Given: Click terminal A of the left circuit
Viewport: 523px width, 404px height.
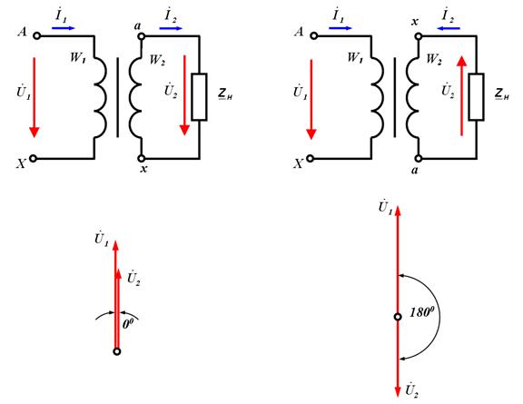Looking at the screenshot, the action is pyautogui.click(x=37, y=35).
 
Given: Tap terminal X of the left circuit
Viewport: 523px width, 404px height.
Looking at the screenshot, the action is pyautogui.click(x=33, y=159).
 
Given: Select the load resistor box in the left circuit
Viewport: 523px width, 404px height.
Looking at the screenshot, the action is pyautogui.click(x=199, y=97).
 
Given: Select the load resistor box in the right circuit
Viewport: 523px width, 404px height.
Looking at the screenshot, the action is pyautogui.click(x=476, y=97).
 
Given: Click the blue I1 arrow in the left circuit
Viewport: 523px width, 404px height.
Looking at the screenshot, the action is pyautogui.click(x=64, y=28).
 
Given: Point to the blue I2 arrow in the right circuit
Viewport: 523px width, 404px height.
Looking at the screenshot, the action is pyautogui.click(x=449, y=28).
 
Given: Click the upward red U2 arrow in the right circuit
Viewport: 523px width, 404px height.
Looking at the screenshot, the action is pyautogui.click(x=462, y=95).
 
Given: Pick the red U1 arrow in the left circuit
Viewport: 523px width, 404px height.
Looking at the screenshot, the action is pyautogui.click(x=34, y=97).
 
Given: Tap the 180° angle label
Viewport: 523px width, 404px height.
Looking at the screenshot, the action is pyautogui.click(x=422, y=312).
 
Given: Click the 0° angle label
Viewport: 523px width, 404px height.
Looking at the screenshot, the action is pyautogui.click(x=128, y=323).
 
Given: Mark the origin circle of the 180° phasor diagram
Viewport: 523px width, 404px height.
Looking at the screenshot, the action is pyautogui.click(x=398, y=317).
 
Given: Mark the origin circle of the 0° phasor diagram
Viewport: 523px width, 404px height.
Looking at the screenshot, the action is pyautogui.click(x=117, y=351).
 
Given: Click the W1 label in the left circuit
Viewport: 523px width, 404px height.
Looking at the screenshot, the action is pyautogui.click(x=78, y=58).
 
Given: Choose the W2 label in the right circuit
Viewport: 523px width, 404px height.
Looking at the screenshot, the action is pyautogui.click(x=434, y=59).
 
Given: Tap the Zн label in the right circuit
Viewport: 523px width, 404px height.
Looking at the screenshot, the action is pyautogui.click(x=502, y=94).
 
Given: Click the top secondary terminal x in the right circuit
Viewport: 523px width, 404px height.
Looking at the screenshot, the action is pyautogui.click(x=419, y=36).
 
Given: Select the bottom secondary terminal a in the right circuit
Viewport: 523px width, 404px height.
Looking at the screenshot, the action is pyautogui.click(x=419, y=159).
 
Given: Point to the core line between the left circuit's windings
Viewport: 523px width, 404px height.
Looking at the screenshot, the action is pyautogui.click(x=118, y=97).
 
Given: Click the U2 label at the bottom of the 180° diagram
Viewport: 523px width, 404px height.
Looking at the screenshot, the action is pyautogui.click(x=412, y=390).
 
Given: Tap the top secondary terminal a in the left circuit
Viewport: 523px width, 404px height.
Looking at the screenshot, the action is pyautogui.click(x=142, y=36).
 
